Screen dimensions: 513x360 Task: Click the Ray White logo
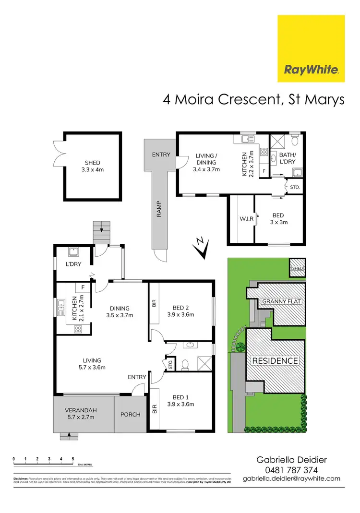[311, 48]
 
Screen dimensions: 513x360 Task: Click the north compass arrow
[202, 247]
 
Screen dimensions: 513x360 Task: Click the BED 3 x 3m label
[278, 219]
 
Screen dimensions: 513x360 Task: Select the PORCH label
[131, 414]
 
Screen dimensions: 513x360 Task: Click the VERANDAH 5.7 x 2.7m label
[81, 413]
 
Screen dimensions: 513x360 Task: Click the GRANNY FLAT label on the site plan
[281, 302]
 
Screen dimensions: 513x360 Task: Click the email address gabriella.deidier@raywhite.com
[291, 478]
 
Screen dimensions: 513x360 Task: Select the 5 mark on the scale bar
[72, 459]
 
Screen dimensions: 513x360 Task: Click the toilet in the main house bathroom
[186, 364]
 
